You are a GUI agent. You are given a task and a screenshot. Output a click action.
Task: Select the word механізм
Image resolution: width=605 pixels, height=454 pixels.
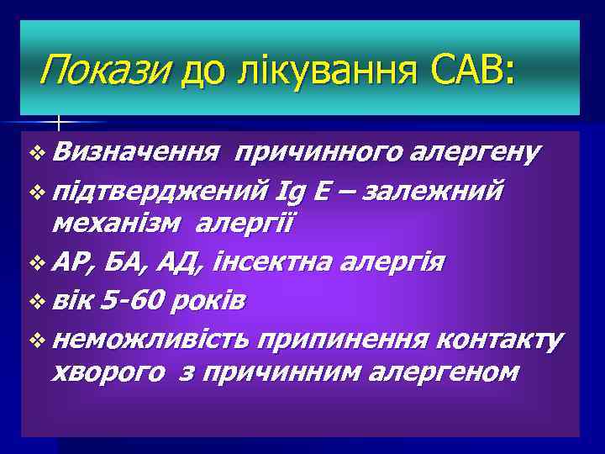coord(118,224)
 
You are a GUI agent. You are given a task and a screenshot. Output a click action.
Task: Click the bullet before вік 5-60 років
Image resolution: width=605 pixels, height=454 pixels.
coord(34,301)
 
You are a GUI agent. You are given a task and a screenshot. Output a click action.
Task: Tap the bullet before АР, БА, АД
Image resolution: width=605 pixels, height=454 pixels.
coord(34,263)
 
